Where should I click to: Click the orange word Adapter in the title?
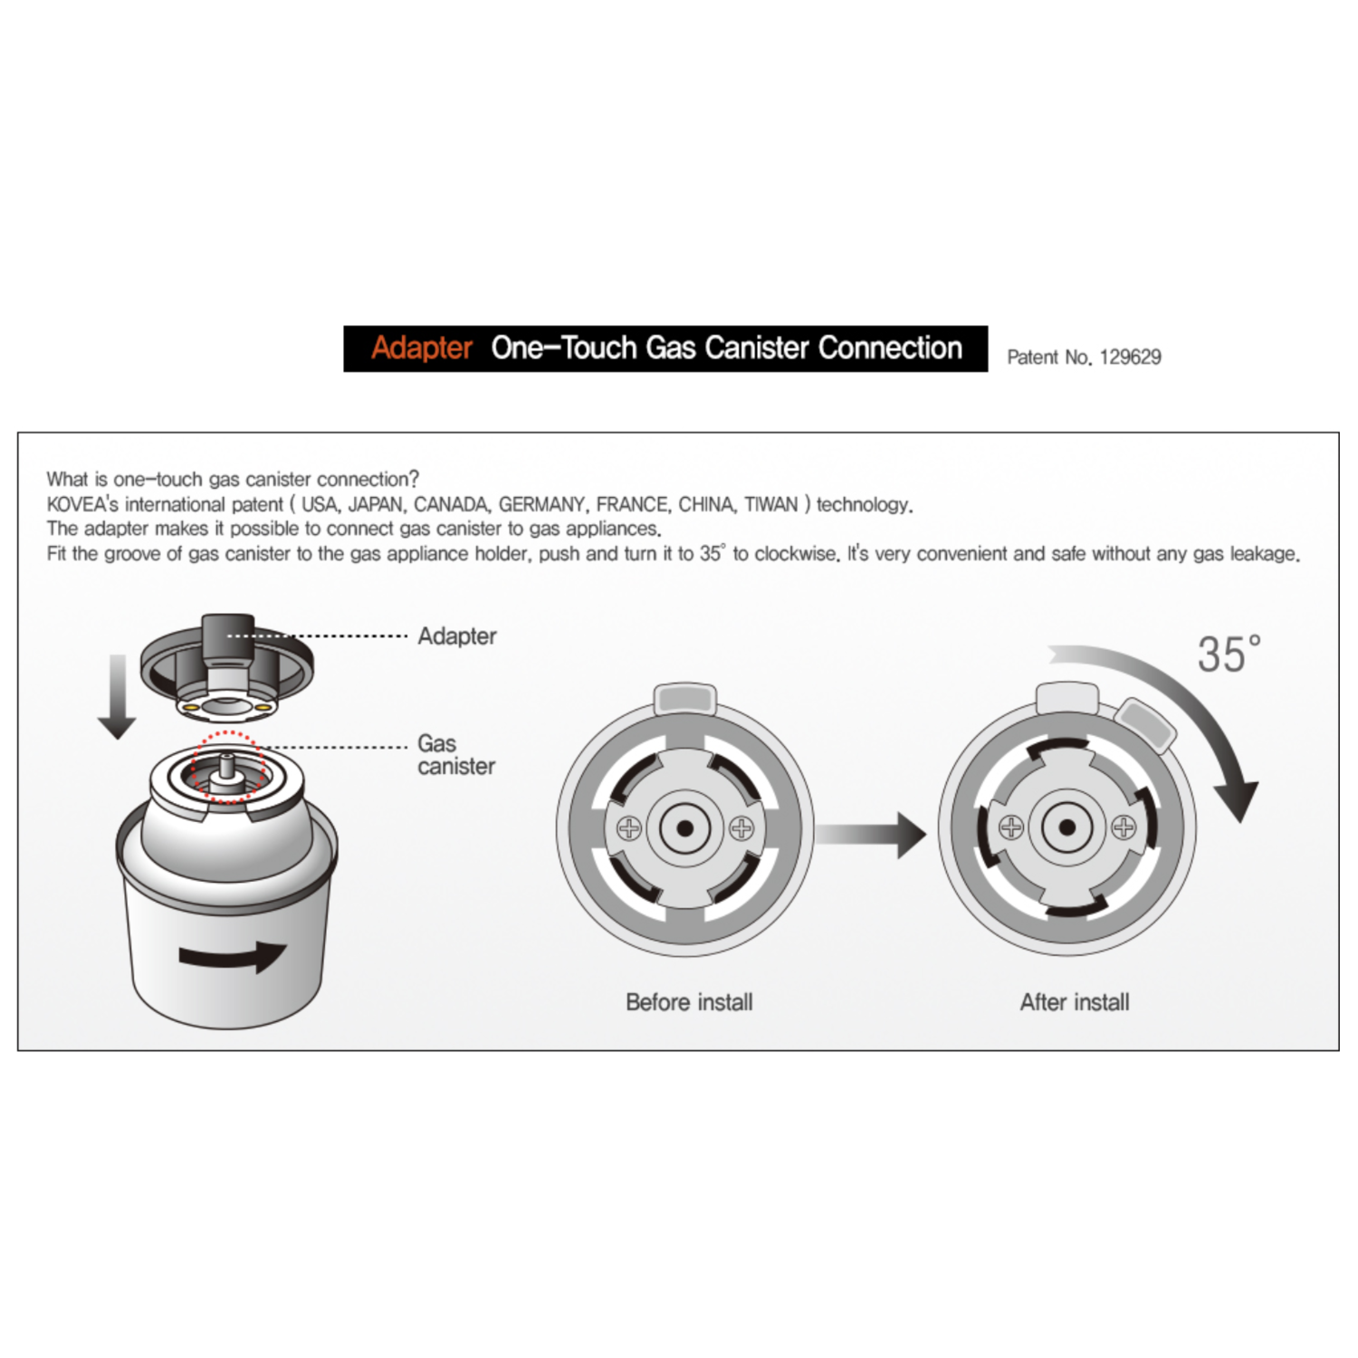click(422, 348)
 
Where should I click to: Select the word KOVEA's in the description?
click(82, 504)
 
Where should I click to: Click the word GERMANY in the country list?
click(542, 504)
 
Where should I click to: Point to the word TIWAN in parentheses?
click(770, 504)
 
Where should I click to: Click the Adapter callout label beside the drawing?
click(457, 636)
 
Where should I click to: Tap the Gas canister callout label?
click(456, 755)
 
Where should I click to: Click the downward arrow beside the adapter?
click(117, 696)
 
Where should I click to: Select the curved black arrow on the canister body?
click(232, 956)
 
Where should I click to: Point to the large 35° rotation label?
click(1229, 654)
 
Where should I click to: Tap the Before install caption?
click(689, 1002)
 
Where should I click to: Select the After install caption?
click(1075, 1002)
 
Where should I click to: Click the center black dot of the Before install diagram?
click(685, 828)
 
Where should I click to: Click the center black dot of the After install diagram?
click(1067, 827)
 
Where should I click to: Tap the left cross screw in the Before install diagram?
click(629, 828)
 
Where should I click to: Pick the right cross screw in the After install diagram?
click(1124, 827)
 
